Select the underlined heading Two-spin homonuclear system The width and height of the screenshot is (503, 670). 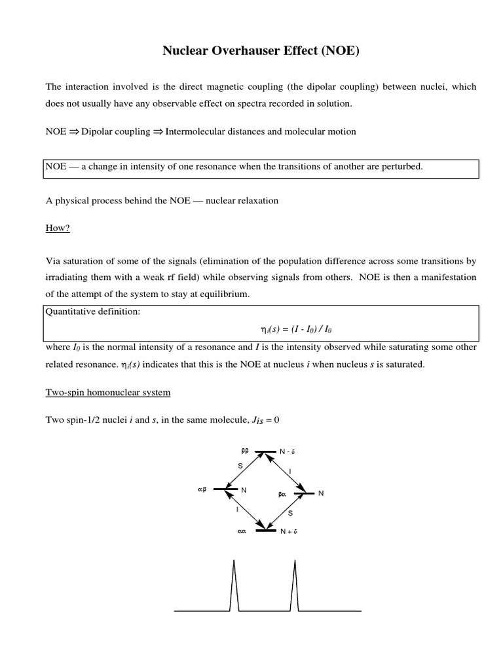(x=107, y=393)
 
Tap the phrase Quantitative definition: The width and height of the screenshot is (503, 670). (x=92, y=311)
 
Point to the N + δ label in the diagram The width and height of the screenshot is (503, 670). (x=288, y=532)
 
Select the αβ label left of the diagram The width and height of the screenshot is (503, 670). (x=202, y=489)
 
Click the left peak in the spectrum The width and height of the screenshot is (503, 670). (x=233, y=586)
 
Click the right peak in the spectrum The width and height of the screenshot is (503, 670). (x=295, y=586)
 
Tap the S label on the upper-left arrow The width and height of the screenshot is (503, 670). (x=240, y=466)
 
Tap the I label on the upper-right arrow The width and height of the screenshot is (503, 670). (x=289, y=471)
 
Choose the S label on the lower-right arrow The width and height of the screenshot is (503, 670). (x=290, y=513)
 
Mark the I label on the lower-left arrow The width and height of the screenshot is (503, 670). (x=237, y=508)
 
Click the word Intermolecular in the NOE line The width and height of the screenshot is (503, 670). (x=195, y=132)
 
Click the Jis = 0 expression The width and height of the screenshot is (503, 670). (x=265, y=419)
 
